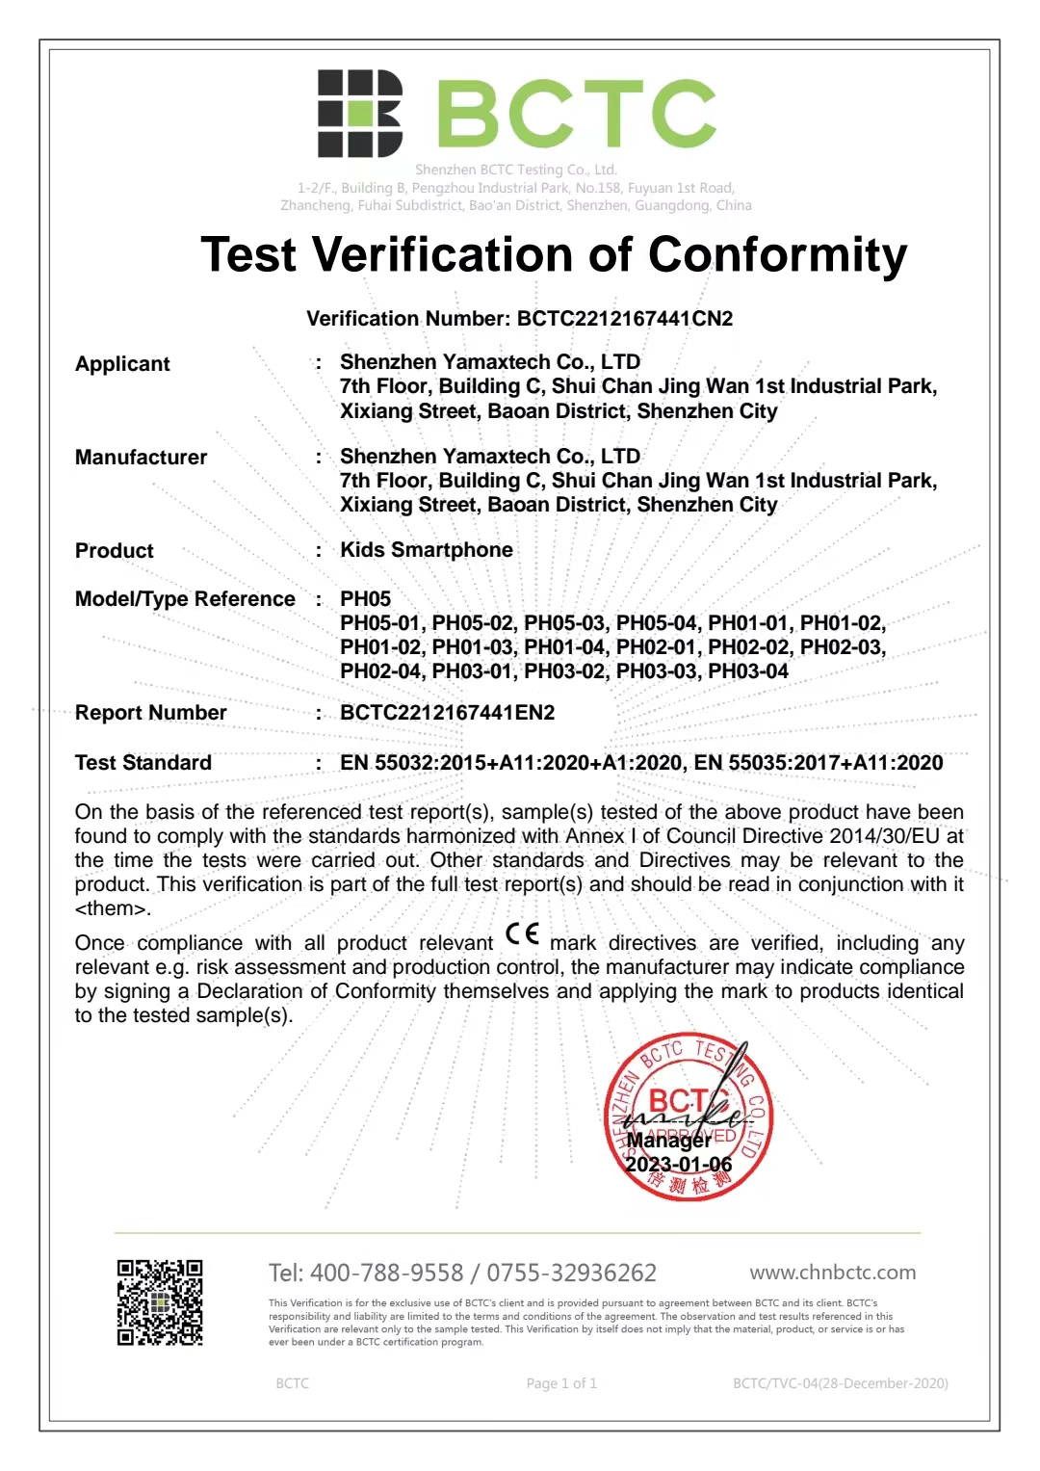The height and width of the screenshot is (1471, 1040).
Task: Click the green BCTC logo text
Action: [577, 115]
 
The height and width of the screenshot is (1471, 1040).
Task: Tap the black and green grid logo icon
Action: [359, 114]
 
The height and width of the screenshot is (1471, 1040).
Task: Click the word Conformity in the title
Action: [777, 255]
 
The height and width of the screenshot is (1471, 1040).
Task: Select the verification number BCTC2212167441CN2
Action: [624, 319]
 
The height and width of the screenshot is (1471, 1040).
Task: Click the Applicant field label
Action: [122, 364]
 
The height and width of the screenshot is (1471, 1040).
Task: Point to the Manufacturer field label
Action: [141, 458]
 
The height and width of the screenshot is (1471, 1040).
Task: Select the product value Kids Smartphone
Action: [426, 550]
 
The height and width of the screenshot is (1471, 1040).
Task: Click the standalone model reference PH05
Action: [365, 599]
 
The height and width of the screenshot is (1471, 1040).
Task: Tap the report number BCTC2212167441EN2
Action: [447, 713]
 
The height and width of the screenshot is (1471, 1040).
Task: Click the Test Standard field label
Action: [143, 763]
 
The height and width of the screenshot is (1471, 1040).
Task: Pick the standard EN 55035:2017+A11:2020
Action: [819, 763]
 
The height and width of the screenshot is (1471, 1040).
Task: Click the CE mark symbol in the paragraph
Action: [522, 934]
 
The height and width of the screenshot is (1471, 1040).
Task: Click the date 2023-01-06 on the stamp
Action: [678, 1165]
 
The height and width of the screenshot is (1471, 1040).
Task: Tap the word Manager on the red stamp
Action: [668, 1141]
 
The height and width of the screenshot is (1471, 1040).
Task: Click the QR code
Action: [160, 1302]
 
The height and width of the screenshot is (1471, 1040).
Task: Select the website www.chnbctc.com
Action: [832, 1273]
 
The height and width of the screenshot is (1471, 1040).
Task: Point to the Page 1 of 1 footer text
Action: [561, 1383]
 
